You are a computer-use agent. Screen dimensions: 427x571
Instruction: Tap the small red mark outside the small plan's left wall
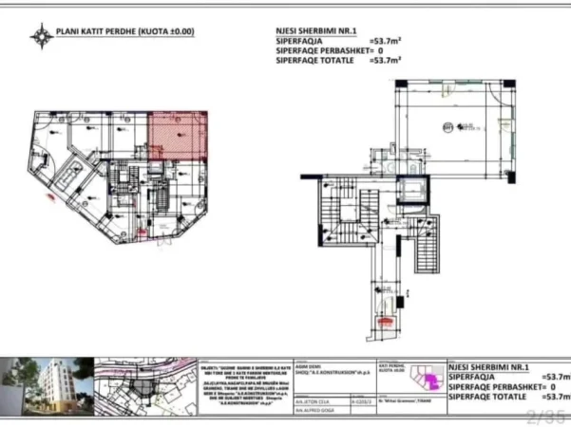click(50, 198)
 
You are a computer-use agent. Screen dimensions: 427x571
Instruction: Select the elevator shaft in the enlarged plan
click(411, 191)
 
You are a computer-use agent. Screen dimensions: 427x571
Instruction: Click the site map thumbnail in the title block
click(143, 386)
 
